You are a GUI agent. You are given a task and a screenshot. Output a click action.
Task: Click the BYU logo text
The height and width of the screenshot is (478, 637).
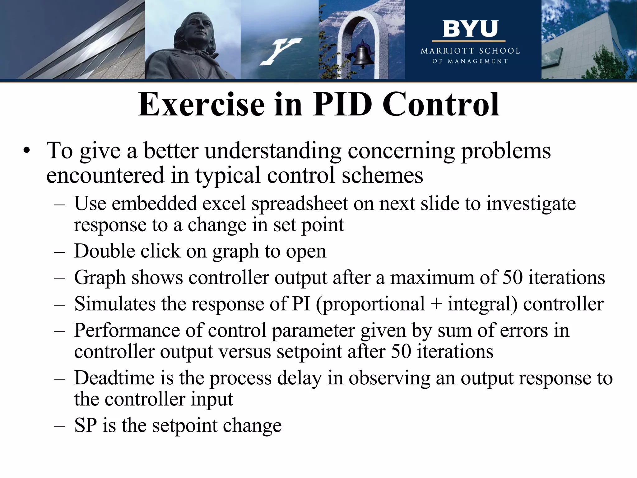point(470,29)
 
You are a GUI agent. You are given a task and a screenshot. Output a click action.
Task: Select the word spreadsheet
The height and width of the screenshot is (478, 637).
point(300,204)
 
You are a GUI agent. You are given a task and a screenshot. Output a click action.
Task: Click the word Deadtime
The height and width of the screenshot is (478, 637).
point(114,378)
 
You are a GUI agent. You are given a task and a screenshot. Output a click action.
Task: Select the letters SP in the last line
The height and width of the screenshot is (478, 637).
point(86,425)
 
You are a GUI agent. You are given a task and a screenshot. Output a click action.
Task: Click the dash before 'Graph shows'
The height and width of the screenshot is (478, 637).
point(59,278)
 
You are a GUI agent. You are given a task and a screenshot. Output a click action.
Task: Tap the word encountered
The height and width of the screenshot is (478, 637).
point(105,175)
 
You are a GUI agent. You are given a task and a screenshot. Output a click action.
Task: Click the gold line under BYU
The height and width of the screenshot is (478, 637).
point(468,41)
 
